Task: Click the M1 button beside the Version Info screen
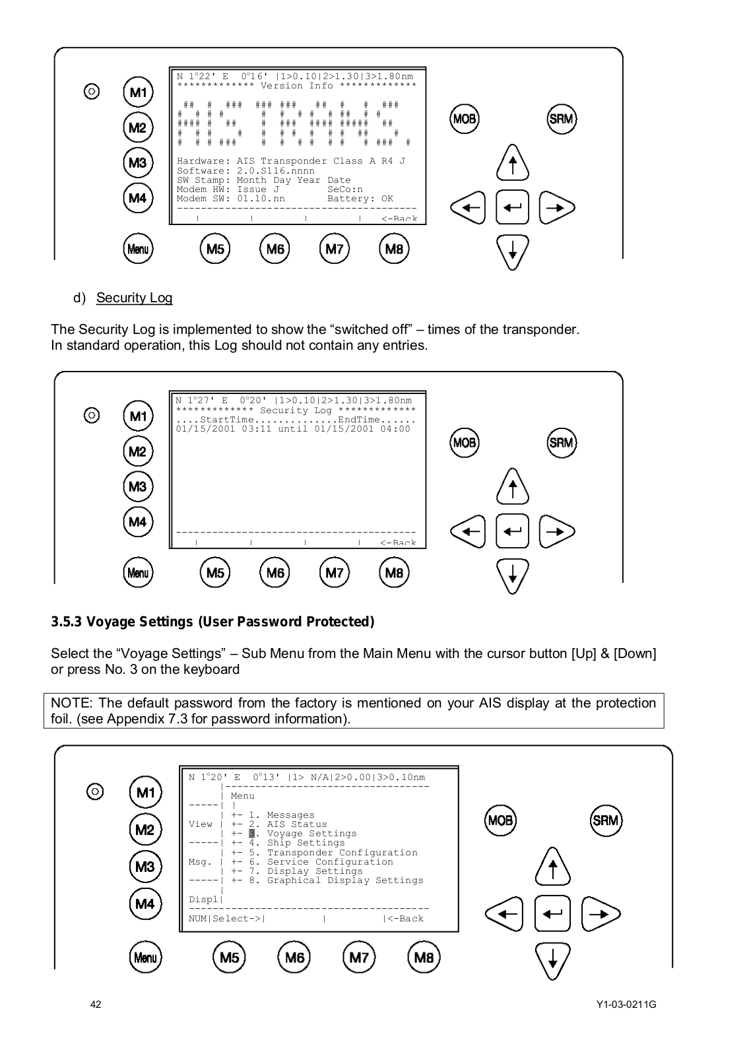pos(138,92)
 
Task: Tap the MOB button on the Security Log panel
pos(464,442)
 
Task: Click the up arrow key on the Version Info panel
pos(512,162)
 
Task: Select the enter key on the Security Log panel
pos(512,531)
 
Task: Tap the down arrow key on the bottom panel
pos(553,960)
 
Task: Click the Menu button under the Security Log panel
pos(138,572)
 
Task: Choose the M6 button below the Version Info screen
pos(275,249)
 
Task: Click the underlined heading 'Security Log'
pos(134,298)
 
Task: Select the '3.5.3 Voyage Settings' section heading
pos(212,622)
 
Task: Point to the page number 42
pos(96,1005)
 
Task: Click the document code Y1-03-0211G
pos(626,1005)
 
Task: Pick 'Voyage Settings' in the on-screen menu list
pos(311,834)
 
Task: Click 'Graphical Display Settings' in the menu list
pos(344,880)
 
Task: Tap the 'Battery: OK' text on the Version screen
pos(360,199)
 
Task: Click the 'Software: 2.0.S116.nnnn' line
pos(245,171)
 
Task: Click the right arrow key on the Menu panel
pos(601,914)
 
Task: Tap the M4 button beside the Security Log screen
pos(138,522)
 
